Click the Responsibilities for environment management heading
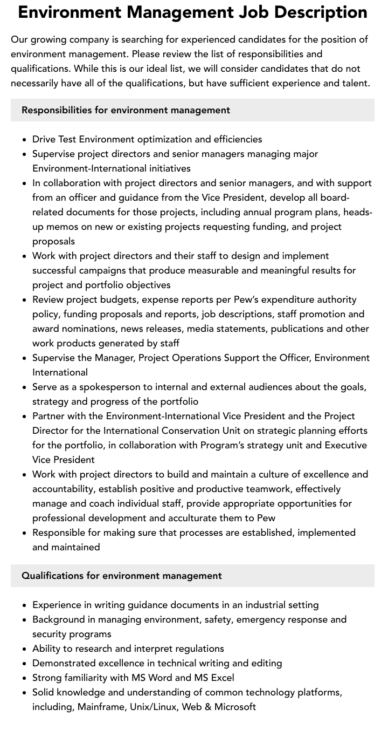click(x=126, y=110)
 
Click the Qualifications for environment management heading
click(x=122, y=576)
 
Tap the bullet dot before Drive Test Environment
click(x=25, y=139)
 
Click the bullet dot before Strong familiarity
click(x=25, y=678)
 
